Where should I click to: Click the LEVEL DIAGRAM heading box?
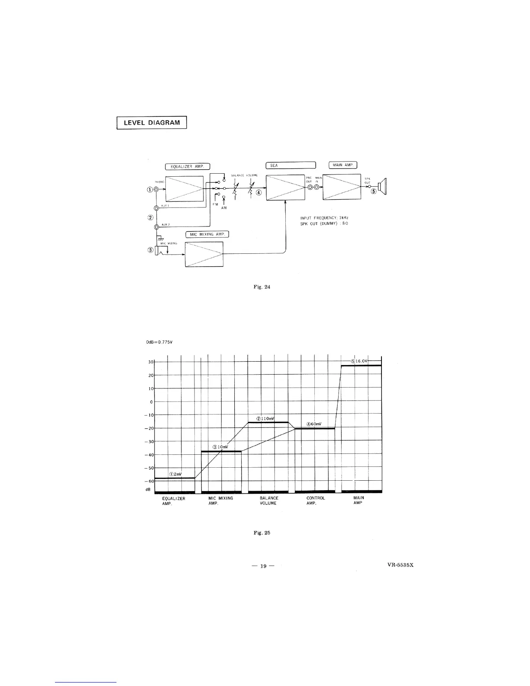152,123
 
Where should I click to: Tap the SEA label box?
291,165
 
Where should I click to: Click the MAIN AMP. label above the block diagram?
343,165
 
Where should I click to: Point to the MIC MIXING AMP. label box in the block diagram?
207,234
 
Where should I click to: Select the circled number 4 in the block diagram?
259,193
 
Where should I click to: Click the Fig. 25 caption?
262,533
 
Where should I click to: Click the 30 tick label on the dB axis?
151,362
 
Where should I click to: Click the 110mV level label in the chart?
265,419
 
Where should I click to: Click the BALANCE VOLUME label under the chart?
268,501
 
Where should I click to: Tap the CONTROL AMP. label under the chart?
315,501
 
